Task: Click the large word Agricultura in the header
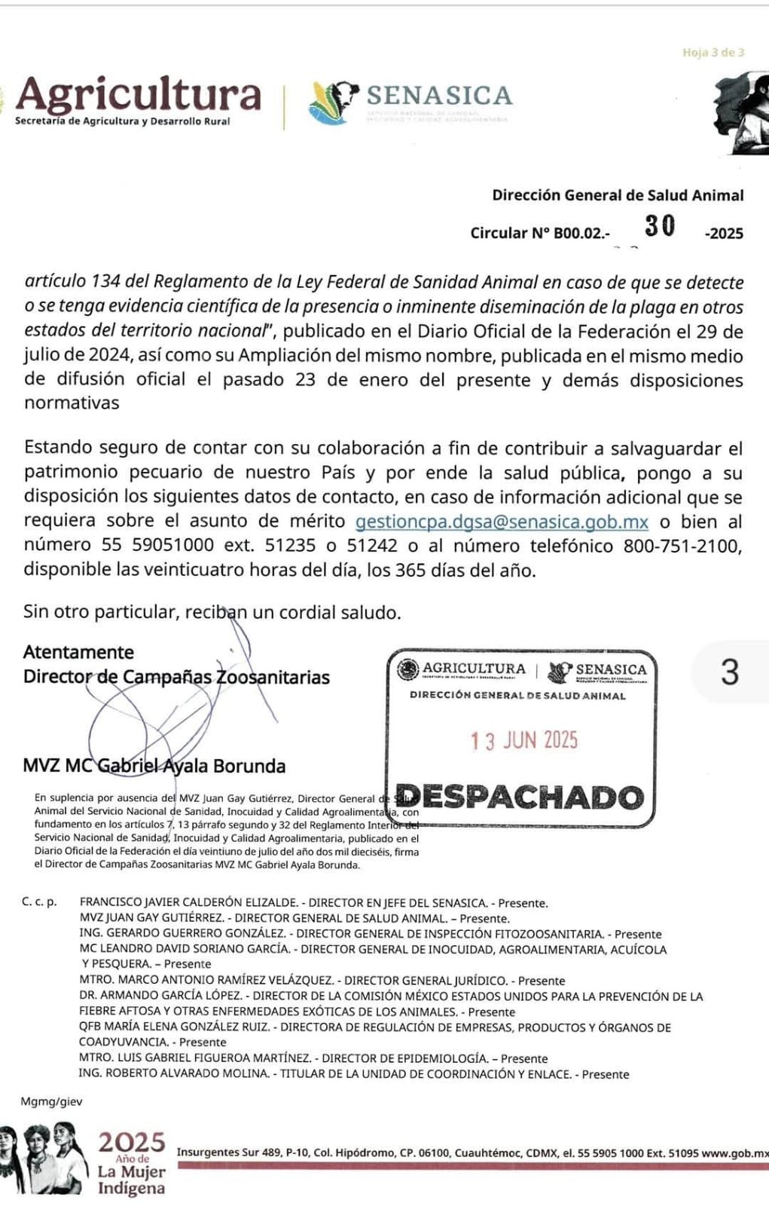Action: point(139,95)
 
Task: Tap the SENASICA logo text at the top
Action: point(439,96)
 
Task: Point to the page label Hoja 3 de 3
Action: point(713,53)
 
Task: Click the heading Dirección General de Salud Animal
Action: point(618,195)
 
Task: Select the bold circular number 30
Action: point(660,226)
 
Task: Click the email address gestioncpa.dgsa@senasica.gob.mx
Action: point(502,522)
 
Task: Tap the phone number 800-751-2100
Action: point(681,546)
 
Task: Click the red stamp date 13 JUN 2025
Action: point(524,740)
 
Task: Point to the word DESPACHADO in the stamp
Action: point(520,797)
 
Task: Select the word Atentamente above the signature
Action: point(78,652)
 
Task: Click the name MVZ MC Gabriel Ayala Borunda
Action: point(154,766)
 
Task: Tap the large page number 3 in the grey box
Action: point(729,672)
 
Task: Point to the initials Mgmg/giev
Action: point(52,1101)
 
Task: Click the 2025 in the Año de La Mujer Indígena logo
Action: point(131,1143)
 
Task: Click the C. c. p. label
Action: point(39,901)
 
